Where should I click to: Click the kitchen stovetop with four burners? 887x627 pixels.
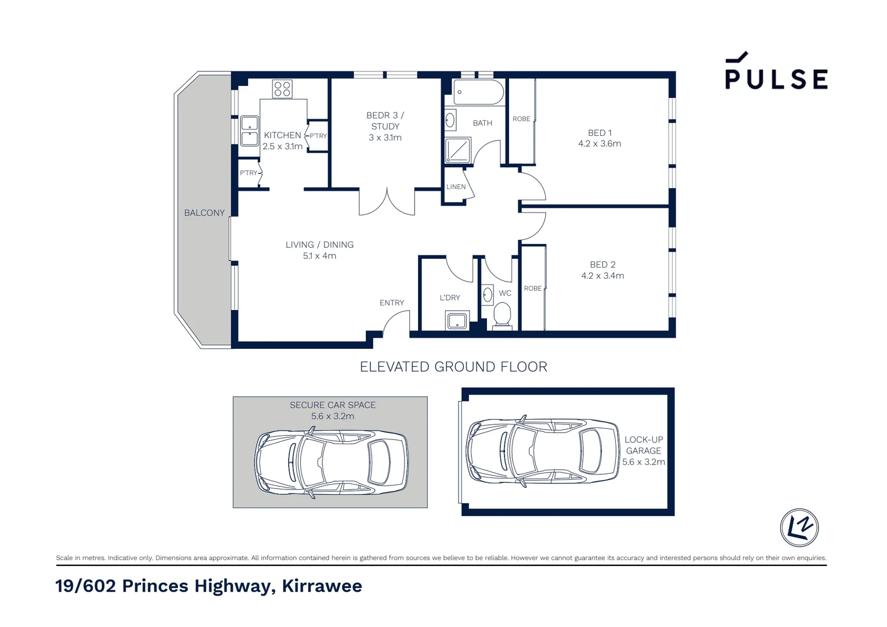coord(282,89)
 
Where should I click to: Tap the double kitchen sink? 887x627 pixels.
coord(250,131)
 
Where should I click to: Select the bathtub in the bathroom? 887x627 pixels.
coord(478,92)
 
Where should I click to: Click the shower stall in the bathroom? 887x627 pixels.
coord(457,150)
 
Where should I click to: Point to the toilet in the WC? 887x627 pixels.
coord(502,316)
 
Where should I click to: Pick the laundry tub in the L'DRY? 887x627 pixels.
coord(457,320)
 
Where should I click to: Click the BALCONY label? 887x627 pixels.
coord(204,213)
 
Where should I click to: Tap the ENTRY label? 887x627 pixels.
coord(392,303)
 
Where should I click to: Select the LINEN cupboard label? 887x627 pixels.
coord(456,187)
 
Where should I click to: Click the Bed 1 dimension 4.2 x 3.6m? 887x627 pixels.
coord(600,144)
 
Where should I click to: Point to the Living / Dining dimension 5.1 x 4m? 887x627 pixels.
coord(319,256)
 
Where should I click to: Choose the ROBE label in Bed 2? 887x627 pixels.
coord(532,289)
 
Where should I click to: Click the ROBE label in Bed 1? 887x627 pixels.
coord(521,119)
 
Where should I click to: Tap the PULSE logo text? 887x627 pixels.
coord(776,79)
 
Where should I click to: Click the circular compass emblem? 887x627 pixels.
coord(799,528)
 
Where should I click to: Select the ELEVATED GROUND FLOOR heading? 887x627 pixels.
coord(453,367)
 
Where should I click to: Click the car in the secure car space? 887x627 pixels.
coord(331,463)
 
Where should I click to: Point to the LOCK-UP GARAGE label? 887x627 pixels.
coord(643,445)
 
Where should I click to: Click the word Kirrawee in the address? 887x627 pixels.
coord(322,586)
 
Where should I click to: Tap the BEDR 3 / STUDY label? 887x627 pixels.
coord(385,121)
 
